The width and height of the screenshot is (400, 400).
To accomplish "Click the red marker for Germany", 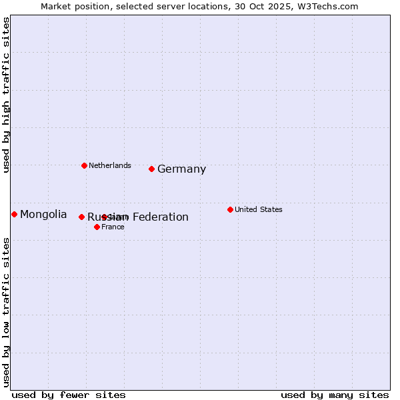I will [x=152, y=169].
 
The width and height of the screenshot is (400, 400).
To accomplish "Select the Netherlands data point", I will [x=84, y=165].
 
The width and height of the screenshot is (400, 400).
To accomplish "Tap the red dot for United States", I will [x=230, y=209].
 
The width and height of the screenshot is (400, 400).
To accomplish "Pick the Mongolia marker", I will [x=14, y=214].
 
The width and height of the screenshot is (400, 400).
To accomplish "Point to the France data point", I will [x=97, y=227].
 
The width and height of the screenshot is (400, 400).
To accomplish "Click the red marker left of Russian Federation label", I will [x=82, y=217].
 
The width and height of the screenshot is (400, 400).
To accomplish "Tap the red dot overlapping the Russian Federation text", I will [x=105, y=217].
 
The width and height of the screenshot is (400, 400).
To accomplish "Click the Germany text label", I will [x=181, y=169].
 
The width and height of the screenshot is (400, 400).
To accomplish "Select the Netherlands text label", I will [x=110, y=165].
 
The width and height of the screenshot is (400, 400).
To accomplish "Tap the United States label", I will [x=259, y=209].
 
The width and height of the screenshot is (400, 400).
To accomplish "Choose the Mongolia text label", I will [x=43, y=214].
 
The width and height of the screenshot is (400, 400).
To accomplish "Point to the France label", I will [x=113, y=227].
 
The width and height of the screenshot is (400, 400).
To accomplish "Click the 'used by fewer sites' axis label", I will [x=69, y=395].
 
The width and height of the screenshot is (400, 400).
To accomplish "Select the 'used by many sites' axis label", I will [x=335, y=395].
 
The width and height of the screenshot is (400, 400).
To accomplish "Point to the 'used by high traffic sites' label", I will [x=7, y=95].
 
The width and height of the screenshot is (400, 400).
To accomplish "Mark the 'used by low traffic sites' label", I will [x=7, y=312].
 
